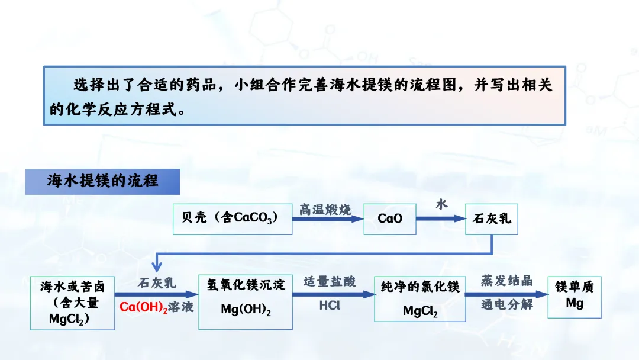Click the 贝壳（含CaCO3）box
(x=233, y=218)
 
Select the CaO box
(x=389, y=218)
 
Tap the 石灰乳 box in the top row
(x=492, y=218)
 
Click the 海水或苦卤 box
(x=72, y=303)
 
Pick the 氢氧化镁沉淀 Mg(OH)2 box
(x=246, y=303)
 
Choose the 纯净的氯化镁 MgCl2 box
(x=420, y=303)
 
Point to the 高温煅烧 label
(x=325, y=210)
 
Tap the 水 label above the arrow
(x=441, y=205)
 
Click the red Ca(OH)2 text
(x=143, y=308)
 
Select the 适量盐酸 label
(x=330, y=282)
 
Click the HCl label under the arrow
(x=330, y=306)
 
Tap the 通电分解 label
(x=506, y=306)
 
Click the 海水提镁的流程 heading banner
(x=102, y=181)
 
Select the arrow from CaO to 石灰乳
(x=441, y=218)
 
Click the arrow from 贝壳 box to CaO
(x=328, y=218)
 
